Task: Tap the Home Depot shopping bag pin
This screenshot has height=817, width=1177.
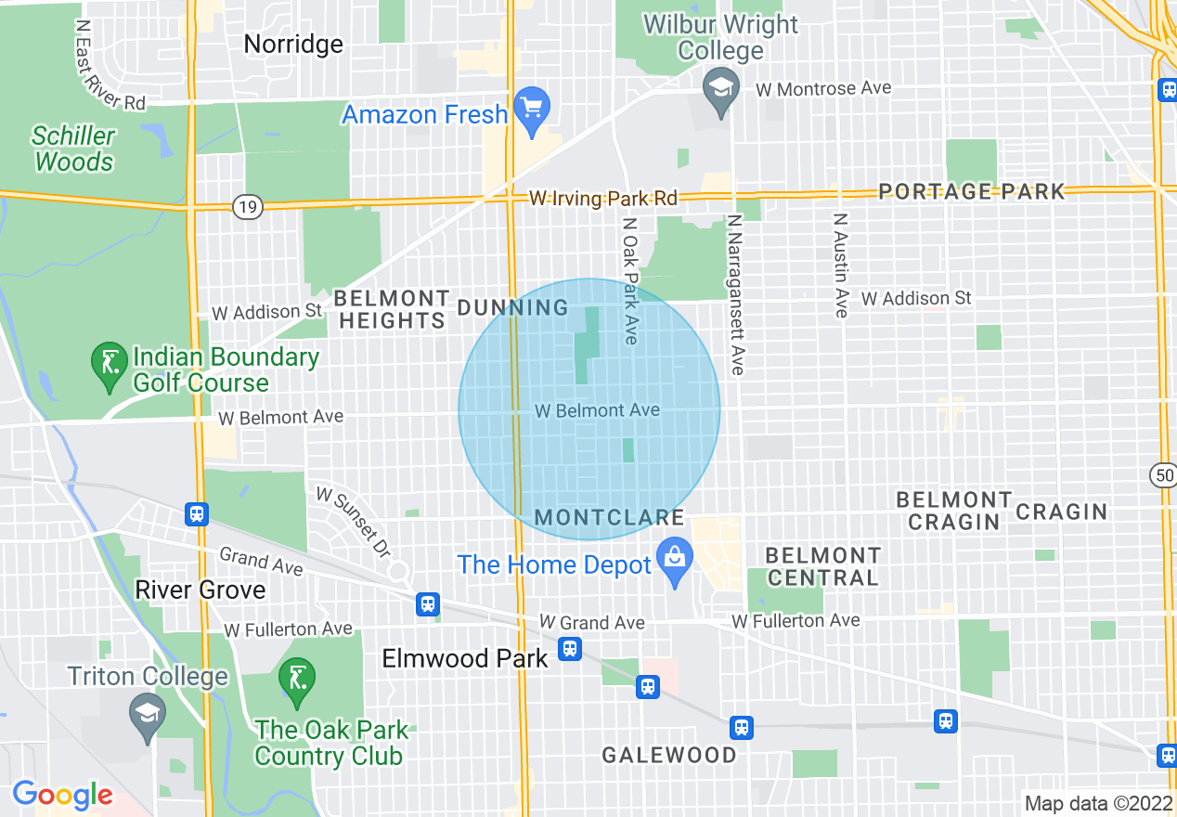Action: click(675, 558)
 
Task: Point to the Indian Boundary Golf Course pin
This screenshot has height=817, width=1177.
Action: click(110, 363)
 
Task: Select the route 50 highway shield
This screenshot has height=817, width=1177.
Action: click(1162, 475)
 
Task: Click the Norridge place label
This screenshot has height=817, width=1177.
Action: click(292, 44)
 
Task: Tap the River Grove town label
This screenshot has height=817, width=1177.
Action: click(200, 590)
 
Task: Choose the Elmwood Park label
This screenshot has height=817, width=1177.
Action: click(465, 658)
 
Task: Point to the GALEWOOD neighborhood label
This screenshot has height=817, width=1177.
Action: click(668, 755)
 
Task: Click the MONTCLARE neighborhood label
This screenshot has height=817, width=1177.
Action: click(610, 517)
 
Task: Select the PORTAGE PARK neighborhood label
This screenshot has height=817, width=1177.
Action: click(971, 191)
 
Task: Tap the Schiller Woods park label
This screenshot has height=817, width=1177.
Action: click(73, 149)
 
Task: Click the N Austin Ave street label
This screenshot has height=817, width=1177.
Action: click(840, 266)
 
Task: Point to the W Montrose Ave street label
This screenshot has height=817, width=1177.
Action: click(823, 89)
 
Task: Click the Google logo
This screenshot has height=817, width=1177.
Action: click(62, 795)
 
